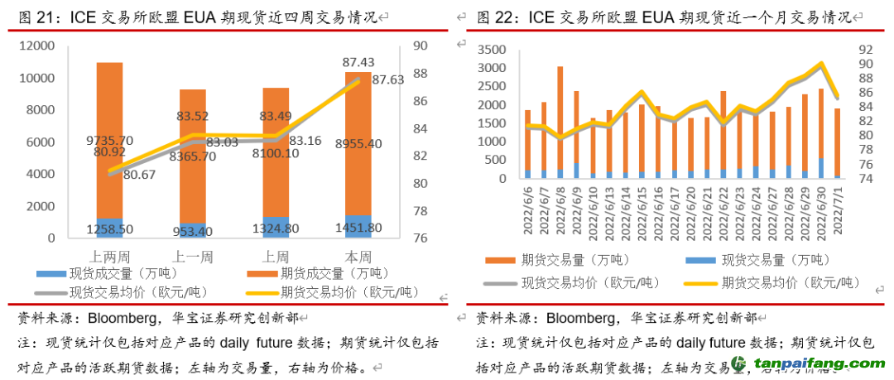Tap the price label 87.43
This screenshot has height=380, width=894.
point(357,63)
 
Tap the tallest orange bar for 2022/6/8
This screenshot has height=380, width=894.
point(560,116)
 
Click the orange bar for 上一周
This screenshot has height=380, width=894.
point(193,157)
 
